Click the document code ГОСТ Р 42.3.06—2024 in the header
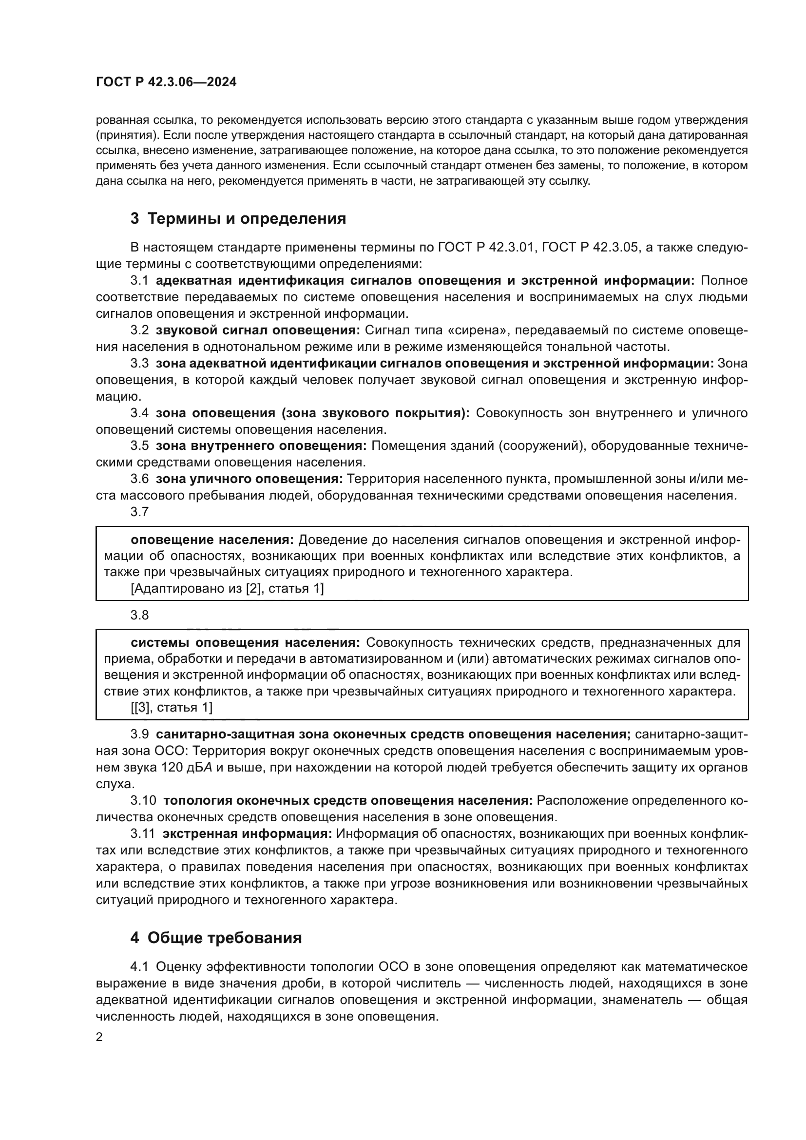pos(166,82)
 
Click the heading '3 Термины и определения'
pos(238,218)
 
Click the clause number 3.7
pos(139,511)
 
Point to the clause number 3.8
pos(139,615)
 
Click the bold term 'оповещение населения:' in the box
pos(212,540)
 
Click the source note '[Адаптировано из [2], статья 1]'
pos(227,589)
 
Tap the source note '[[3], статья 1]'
pos(172,708)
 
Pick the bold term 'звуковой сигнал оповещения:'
pos(258,330)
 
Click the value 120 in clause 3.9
pos(172,768)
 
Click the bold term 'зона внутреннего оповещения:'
pos(261,446)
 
